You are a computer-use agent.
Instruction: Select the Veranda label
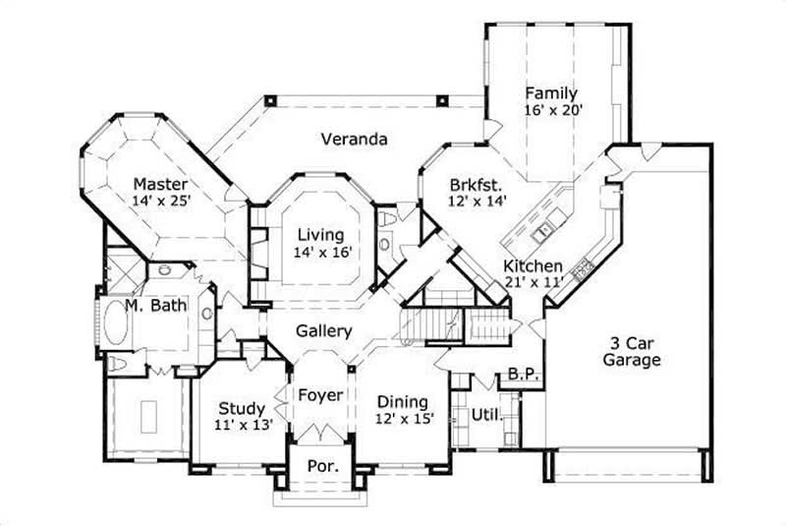354,140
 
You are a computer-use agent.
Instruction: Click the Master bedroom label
161,183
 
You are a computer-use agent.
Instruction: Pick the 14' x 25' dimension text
161,200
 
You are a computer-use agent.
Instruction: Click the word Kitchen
533,266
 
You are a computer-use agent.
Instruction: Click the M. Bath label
155,306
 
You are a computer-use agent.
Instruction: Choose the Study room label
241,408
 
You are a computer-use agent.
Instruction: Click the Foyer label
320,395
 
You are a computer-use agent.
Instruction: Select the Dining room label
403,401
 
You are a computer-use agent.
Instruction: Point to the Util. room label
485,414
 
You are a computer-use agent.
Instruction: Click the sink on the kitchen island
541,233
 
